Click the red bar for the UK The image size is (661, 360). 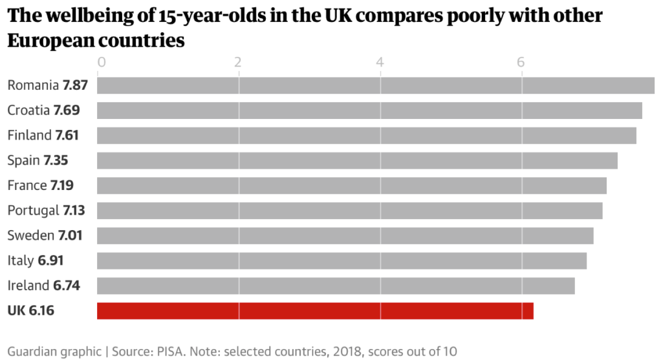[315, 310]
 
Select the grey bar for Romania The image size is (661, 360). [375, 85]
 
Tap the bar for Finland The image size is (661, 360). [366, 135]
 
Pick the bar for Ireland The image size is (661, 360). [336, 285]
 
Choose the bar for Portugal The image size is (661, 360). [349, 210]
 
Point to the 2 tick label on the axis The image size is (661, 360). [239, 62]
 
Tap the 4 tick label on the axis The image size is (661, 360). [380, 62]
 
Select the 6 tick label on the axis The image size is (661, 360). [521, 62]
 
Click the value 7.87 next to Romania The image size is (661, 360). [75, 85]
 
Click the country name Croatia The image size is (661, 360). [28, 111]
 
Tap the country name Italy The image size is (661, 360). [20, 260]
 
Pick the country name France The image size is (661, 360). [27, 185]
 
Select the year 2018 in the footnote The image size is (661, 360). [335, 352]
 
